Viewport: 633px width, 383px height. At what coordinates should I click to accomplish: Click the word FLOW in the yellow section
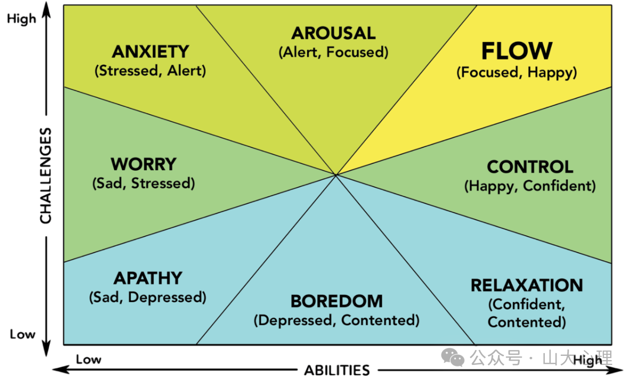pyautogui.click(x=517, y=51)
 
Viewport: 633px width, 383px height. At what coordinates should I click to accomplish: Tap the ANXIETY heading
pyautogui.click(x=150, y=52)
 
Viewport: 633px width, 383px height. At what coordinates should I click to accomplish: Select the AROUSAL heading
pyautogui.click(x=333, y=33)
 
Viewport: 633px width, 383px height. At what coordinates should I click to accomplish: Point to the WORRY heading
pyautogui.click(x=144, y=164)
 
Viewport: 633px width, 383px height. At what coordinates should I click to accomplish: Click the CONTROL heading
pyautogui.click(x=530, y=167)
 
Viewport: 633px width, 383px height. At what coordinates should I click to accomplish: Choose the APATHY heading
pyautogui.click(x=148, y=278)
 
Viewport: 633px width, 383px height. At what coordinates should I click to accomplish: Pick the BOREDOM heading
pyautogui.click(x=336, y=302)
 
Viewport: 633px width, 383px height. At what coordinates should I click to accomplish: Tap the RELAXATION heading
pyautogui.click(x=527, y=286)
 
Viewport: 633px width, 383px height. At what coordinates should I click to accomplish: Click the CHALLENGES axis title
pyautogui.click(x=46, y=176)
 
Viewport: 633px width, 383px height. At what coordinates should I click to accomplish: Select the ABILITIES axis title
pyautogui.click(x=337, y=370)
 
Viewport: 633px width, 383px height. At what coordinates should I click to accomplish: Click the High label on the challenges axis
pyautogui.click(x=21, y=19)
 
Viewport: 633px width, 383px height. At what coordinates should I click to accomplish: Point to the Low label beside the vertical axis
pyautogui.click(x=23, y=335)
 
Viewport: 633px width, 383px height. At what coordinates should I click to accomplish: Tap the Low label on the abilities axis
pyautogui.click(x=88, y=360)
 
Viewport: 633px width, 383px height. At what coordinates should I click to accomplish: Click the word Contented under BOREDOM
pyautogui.click(x=378, y=320)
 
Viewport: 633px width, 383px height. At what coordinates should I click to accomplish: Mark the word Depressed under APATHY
pyautogui.click(x=165, y=298)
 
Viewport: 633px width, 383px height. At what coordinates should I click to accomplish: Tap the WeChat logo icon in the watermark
pyautogui.click(x=452, y=357)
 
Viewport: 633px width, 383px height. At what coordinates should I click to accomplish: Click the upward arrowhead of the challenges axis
pyautogui.click(x=47, y=10)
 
